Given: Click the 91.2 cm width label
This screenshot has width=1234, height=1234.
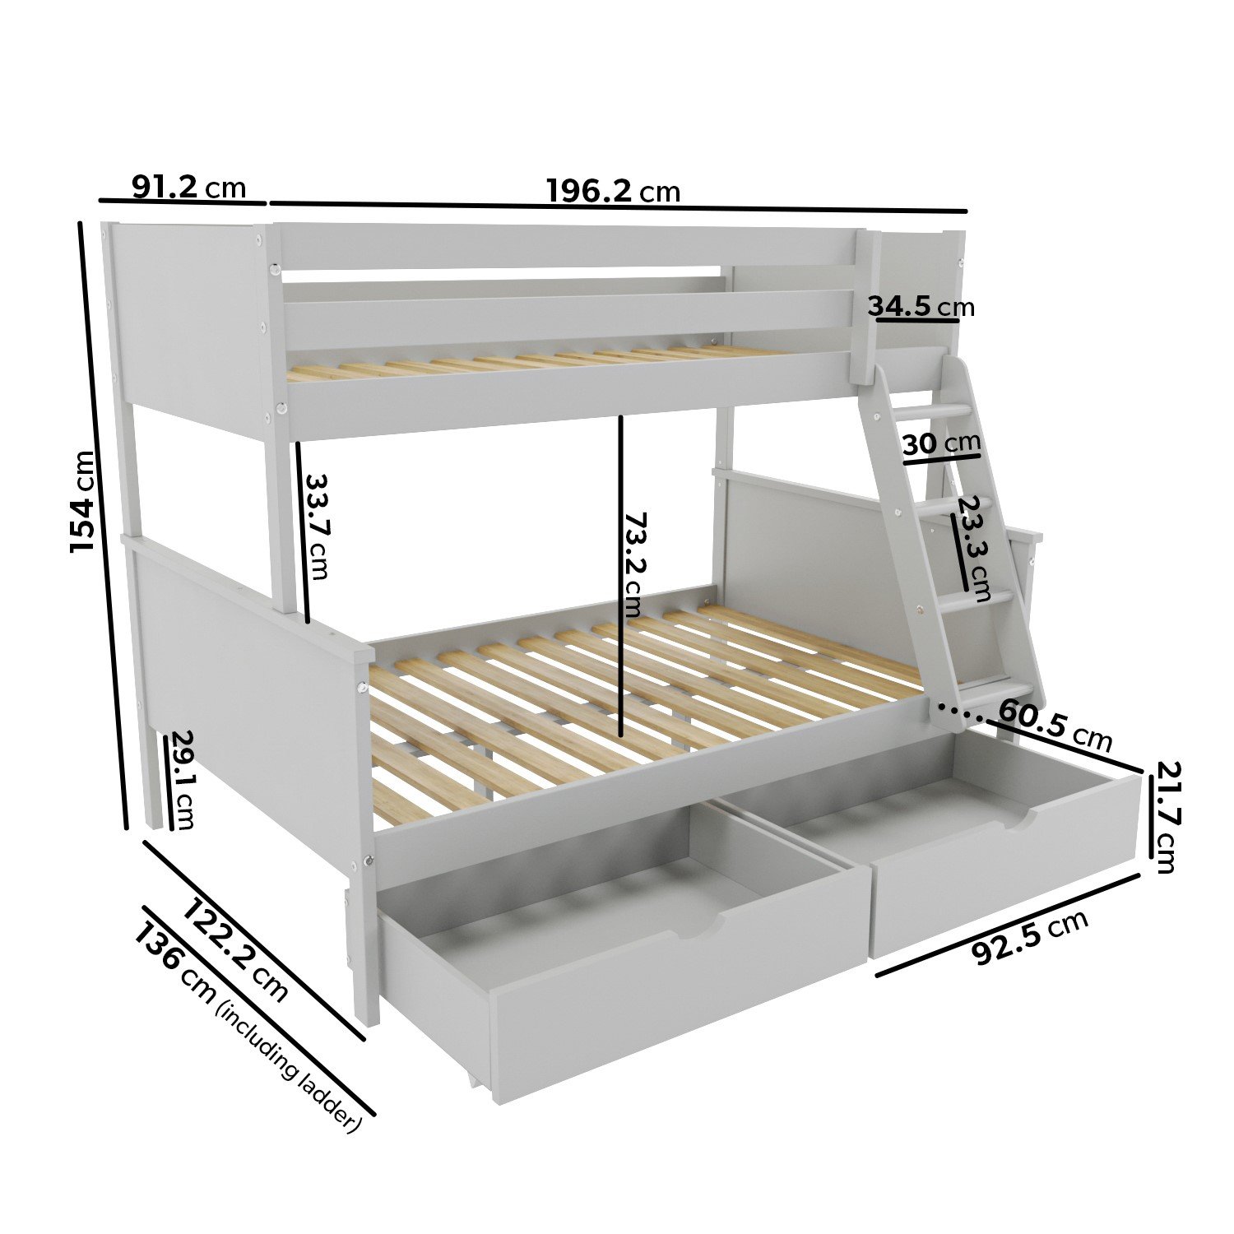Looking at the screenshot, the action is pyautogui.click(x=189, y=187).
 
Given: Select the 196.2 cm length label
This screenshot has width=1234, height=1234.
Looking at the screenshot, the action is pyautogui.click(x=614, y=191).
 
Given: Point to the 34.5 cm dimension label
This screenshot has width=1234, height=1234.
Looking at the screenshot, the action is pyautogui.click(x=921, y=307).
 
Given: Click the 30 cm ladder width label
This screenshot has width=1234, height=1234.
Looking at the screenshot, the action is pyautogui.click(x=942, y=444).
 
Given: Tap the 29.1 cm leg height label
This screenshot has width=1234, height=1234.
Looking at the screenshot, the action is pyautogui.click(x=182, y=780).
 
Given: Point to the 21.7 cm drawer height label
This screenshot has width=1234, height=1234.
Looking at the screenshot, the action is pyautogui.click(x=1167, y=817).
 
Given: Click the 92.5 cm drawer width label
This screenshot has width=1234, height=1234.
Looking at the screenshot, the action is pyautogui.click(x=1030, y=937).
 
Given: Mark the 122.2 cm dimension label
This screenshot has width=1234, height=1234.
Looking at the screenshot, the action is pyautogui.click(x=236, y=950).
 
